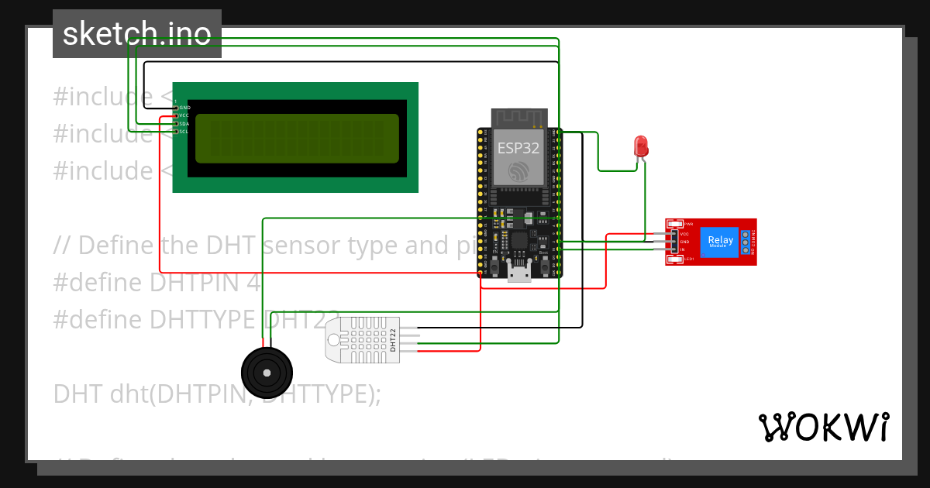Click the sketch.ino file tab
(136, 34)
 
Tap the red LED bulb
(641, 146)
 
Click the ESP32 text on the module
(518, 148)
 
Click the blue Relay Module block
(720, 241)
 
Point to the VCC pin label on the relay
(684, 233)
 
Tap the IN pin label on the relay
(683, 249)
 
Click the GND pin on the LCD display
(184, 108)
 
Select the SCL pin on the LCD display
(184, 132)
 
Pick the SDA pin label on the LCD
(184, 124)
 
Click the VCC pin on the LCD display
(184, 115)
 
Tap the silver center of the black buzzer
(267, 373)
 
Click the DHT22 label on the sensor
(393, 339)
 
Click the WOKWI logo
(823, 427)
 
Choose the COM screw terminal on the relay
(746, 242)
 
